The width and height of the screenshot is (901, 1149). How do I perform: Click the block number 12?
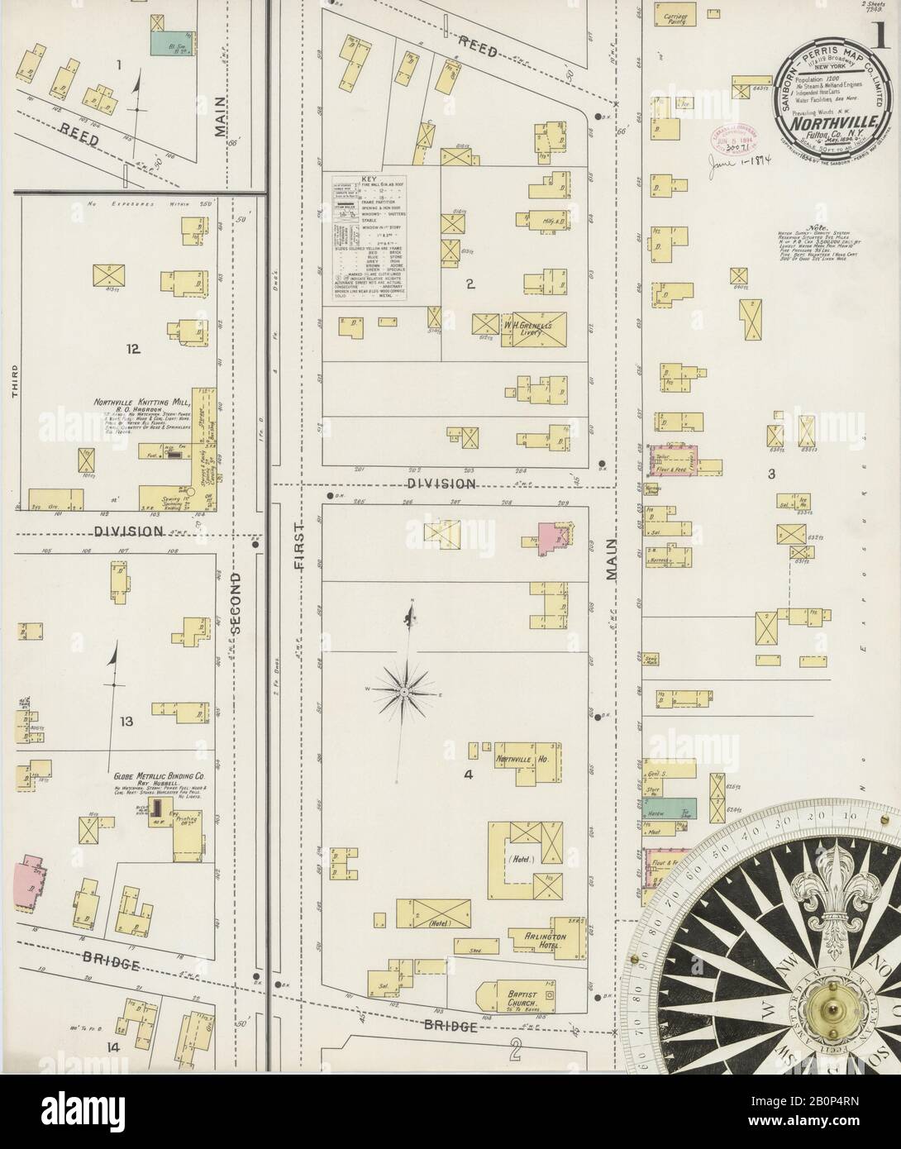133,350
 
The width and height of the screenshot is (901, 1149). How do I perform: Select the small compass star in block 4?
402,689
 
